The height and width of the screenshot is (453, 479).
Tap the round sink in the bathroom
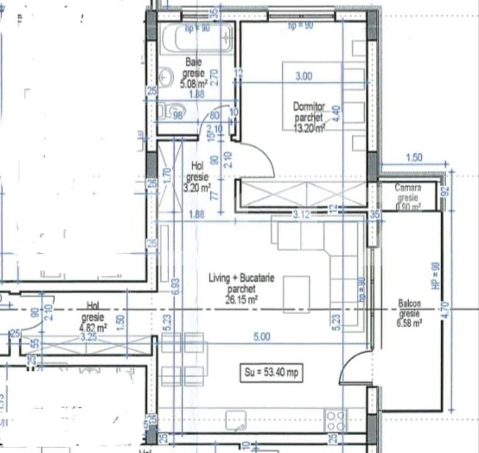tap(166, 77)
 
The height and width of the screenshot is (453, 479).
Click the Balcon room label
tap(409, 304)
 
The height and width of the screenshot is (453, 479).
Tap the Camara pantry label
tap(408, 188)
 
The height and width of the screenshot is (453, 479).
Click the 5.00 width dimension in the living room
tap(261, 338)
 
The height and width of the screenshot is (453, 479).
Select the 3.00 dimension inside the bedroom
tap(304, 76)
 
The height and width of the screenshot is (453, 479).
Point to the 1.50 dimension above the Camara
tap(414, 158)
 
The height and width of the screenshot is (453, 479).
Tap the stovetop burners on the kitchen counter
tap(334, 418)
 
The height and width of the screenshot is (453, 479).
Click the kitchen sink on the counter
tap(237, 419)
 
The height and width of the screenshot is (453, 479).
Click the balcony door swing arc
tap(352, 371)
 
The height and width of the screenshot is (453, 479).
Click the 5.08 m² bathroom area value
tap(194, 83)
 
